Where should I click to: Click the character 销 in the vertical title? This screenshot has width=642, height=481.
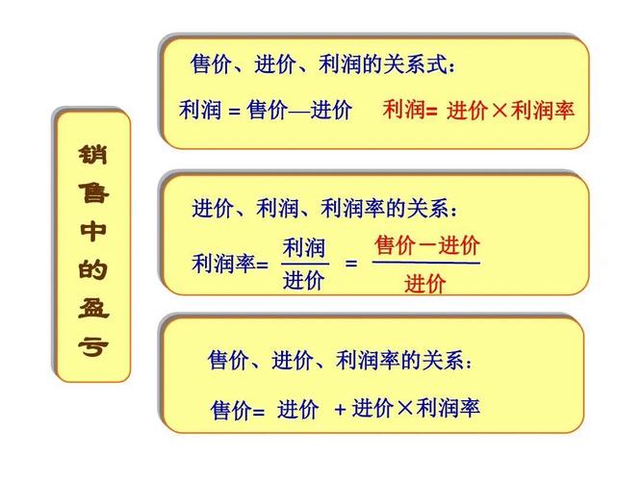92,154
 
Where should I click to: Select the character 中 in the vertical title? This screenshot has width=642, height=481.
92,231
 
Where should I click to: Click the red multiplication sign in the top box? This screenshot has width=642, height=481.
500,111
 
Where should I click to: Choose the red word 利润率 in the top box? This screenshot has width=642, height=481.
542,111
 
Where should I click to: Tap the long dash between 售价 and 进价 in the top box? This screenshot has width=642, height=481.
299,112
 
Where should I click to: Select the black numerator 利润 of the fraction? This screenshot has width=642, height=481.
304,248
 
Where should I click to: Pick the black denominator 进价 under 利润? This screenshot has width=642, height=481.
304,280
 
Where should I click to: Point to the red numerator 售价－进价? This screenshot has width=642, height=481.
426,244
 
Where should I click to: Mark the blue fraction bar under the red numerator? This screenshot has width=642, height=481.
425,263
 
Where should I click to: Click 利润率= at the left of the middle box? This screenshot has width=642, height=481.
230,264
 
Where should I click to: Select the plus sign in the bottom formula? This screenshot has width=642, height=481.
340,409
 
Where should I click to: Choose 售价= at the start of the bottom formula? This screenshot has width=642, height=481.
238,411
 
